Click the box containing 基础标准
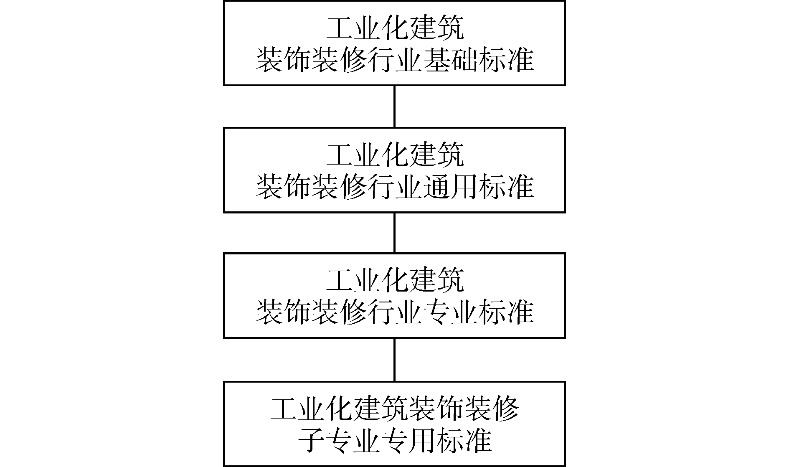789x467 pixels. (x=394, y=43)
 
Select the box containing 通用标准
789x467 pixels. (x=394, y=170)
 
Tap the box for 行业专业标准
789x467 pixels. (x=394, y=295)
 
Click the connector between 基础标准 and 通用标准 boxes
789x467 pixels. (x=394, y=107)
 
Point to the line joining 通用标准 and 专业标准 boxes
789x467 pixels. (x=394, y=233)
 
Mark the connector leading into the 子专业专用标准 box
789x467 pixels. (x=394, y=359)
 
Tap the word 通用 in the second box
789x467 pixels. (x=450, y=187)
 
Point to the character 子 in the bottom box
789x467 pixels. (x=311, y=440)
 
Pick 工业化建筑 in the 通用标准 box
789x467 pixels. (x=394, y=156)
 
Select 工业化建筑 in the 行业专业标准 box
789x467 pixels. (x=394, y=281)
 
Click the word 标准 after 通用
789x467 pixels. (x=506, y=187)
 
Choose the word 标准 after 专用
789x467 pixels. (x=464, y=440)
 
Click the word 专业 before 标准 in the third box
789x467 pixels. (x=450, y=312)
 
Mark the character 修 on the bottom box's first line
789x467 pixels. (x=505, y=409)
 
